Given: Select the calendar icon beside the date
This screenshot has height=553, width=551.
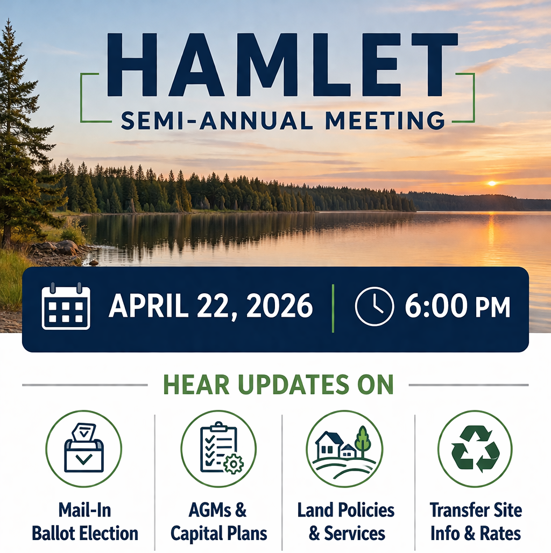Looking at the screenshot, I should point(66,307).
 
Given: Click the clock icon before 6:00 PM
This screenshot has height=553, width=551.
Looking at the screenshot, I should point(375,307).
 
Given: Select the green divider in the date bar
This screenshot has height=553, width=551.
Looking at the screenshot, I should point(334,308).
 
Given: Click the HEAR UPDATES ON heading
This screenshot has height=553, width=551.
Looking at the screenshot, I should point(278,385).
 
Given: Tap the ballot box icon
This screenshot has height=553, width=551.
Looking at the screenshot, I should point(83,449).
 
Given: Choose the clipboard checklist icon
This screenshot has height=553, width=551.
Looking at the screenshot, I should point(218,449).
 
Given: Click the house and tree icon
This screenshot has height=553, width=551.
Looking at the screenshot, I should point(344,449).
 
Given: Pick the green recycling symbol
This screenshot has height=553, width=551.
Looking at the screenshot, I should point(475,449).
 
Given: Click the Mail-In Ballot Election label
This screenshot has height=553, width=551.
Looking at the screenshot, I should point(85,522).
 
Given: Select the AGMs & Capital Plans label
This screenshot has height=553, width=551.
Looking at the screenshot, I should point(218,522).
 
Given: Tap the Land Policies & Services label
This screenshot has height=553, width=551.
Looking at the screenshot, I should point(346,522).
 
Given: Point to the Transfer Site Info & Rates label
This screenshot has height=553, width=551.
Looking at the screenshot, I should point(476,522).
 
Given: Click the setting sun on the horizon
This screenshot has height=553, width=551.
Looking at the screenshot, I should point(491,183).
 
